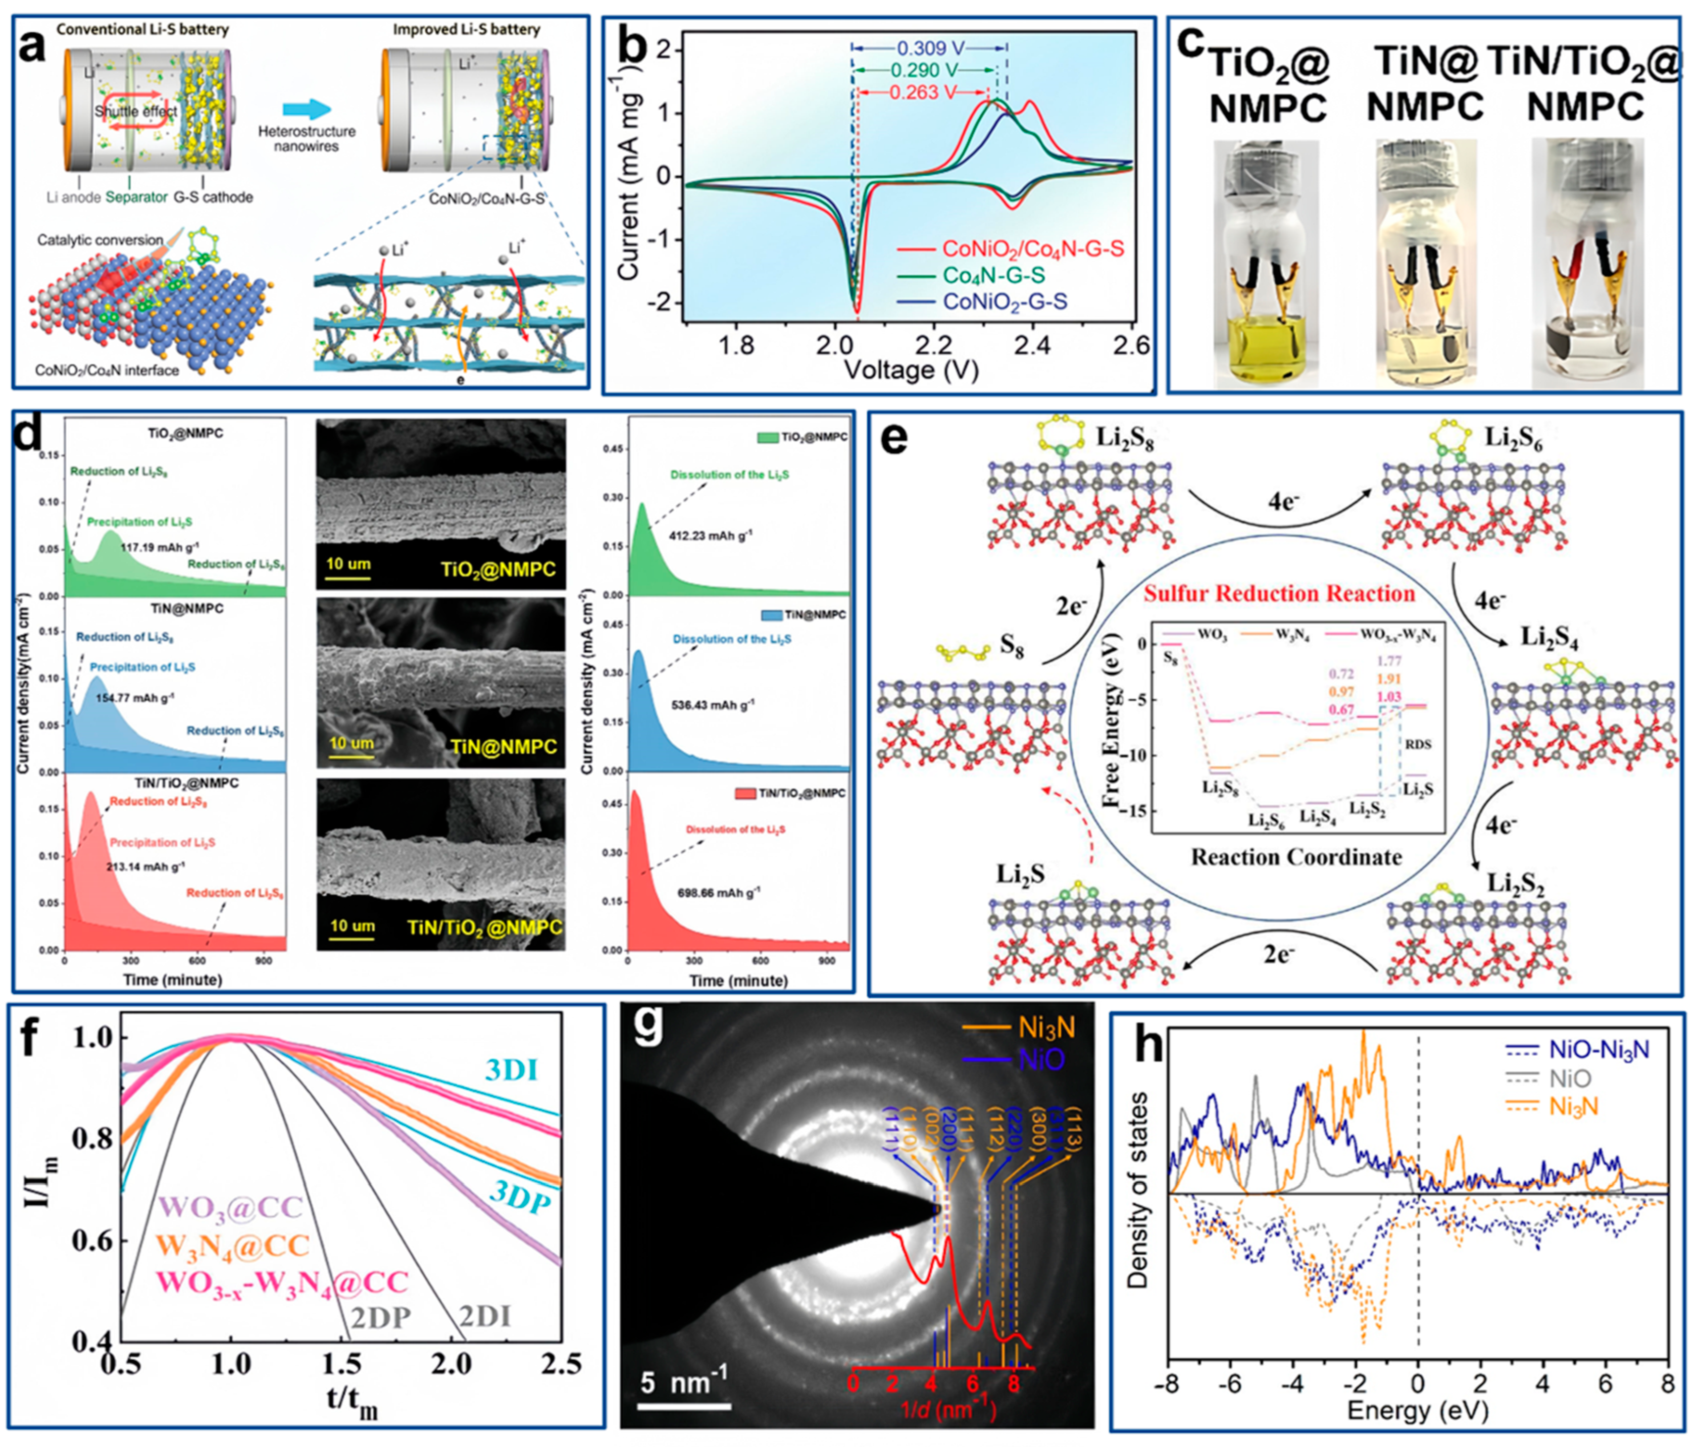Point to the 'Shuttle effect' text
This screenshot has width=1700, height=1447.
coord(135,111)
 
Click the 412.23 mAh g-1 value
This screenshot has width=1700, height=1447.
coord(712,535)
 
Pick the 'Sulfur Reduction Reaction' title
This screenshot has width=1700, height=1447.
coord(1279,593)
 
